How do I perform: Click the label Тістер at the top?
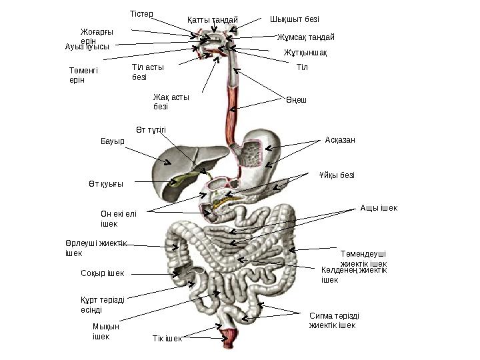[x=141, y=14]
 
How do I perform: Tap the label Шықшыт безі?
[x=294, y=19]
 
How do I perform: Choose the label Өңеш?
[x=297, y=100]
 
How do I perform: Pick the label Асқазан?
[x=340, y=140]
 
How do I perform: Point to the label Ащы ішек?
[x=379, y=208]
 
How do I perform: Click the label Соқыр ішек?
[x=102, y=273]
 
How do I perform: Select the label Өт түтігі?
[x=151, y=129]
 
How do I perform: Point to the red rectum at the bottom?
[x=228, y=337]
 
